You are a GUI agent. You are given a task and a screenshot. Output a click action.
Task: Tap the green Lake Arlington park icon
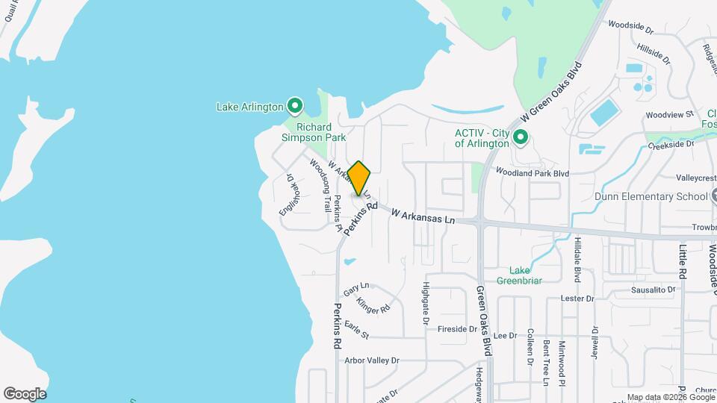pos(295,106)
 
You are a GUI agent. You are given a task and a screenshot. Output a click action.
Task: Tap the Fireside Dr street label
pos(457,329)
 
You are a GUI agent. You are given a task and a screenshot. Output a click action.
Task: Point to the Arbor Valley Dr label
pos(372,360)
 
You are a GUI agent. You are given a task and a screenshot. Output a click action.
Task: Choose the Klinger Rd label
pos(373,305)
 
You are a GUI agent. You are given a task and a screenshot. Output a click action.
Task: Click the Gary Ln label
pos(356,288)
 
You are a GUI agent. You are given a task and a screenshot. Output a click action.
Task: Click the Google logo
pos(25,393)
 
